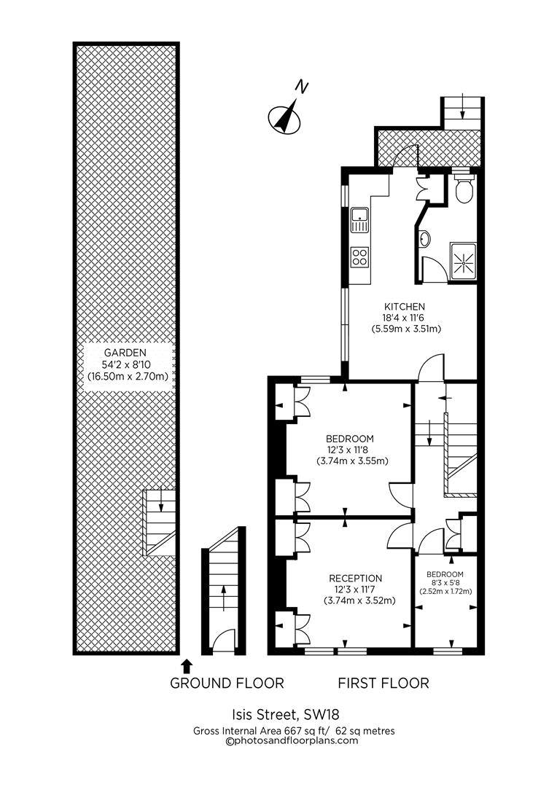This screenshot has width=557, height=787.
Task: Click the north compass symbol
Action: [285, 115]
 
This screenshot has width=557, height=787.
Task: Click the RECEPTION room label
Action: [354, 578]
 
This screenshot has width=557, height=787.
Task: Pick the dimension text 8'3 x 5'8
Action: [444, 582]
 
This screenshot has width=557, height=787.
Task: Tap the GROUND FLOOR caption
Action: [227, 683]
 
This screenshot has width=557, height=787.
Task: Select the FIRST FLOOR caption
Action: [383, 683]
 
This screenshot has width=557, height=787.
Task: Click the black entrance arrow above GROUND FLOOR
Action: [187, 665]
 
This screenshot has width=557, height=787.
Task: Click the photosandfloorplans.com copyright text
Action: [294, 740]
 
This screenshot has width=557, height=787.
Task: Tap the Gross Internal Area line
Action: [294, 730]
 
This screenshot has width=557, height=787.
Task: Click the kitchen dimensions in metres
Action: [406, 329]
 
